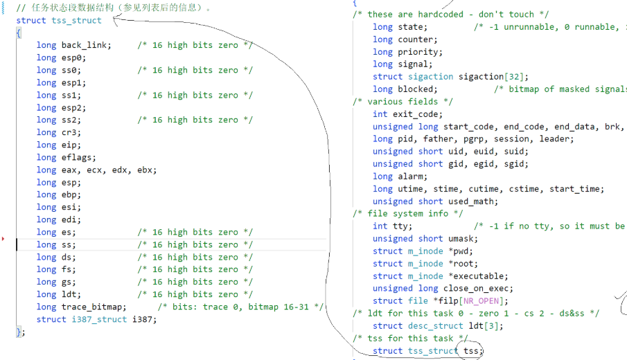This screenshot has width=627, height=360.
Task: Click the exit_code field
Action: (418, 114)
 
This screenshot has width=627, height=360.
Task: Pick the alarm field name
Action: (410, 177)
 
